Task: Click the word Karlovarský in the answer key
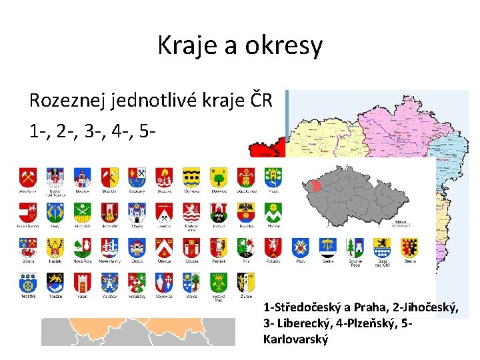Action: pyautogui.click(x=296, y=339)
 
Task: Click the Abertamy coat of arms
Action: pyautogui.click(x=28, y=177)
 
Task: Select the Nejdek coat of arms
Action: pyautogui.click(x=55, y=247)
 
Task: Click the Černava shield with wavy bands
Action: pyautogui.click(x=191, y=177)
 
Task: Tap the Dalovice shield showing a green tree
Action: pyautogui.click(x=219, y=177)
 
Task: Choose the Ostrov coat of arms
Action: pyautogui.click(x=137, y=247)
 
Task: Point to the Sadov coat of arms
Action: pyautogui.click(x=327, y=247)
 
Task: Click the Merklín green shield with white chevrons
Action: pyautogui.click(x=273, y=212)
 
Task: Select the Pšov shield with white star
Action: pyautogui.click(x=300, y=247)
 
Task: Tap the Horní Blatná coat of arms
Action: pyautogui.click(x=28, y=212)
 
